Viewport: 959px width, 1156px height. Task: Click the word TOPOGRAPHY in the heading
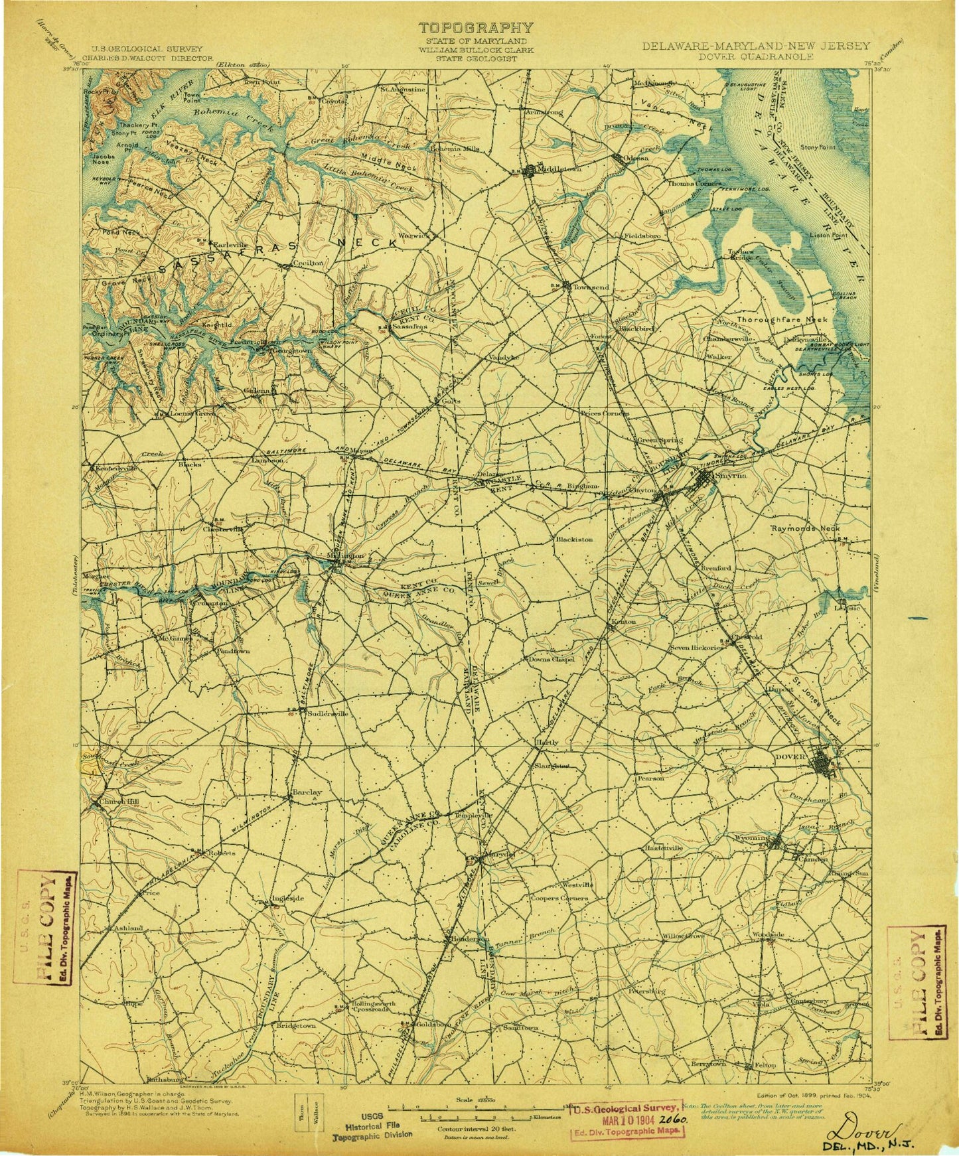[x=475, y=28]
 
